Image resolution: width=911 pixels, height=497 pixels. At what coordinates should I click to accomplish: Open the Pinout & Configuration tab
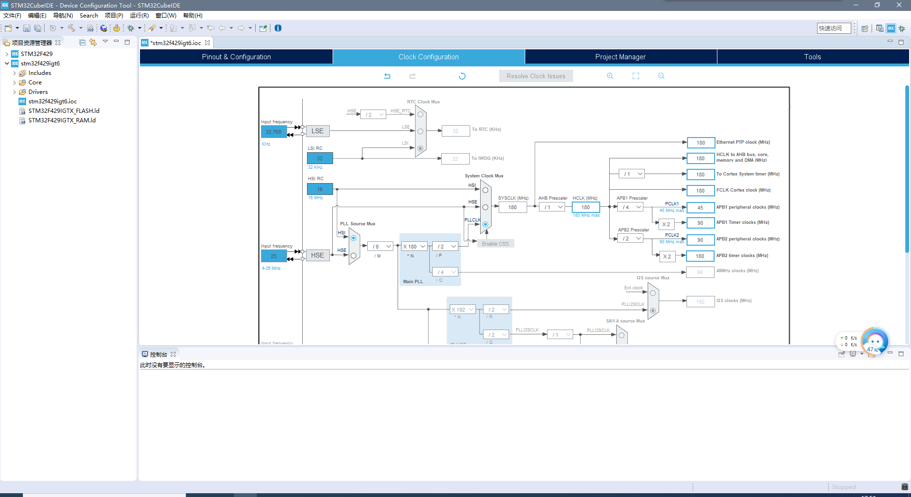236,57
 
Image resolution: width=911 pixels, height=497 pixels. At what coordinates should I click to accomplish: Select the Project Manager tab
620,57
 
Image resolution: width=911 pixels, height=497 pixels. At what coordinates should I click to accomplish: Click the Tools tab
812,57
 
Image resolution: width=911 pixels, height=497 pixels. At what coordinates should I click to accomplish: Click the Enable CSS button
495,244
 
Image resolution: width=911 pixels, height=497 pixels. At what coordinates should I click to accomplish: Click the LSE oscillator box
317,131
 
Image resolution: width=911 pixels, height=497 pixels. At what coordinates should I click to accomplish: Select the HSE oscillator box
317,256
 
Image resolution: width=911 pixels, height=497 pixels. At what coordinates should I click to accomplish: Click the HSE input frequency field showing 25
274,256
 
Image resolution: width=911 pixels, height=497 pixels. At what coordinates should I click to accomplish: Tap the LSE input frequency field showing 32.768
274,132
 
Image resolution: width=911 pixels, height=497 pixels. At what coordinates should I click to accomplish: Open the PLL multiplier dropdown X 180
414,247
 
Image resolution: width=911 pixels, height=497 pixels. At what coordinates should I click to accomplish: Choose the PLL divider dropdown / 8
381,247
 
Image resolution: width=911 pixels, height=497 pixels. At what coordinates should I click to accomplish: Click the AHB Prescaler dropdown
552,207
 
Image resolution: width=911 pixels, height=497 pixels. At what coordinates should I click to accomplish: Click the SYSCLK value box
512,207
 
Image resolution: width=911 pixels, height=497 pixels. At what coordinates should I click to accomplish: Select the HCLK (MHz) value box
586,207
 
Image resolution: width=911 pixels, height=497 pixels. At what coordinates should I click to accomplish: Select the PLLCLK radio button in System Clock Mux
485,224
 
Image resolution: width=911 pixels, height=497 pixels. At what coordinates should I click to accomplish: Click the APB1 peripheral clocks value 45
700,208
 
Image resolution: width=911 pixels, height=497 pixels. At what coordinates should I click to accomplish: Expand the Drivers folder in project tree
15,92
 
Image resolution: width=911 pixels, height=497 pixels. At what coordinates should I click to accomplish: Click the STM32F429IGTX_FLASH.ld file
64,111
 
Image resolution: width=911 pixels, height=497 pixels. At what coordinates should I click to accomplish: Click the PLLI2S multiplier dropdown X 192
463,310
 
